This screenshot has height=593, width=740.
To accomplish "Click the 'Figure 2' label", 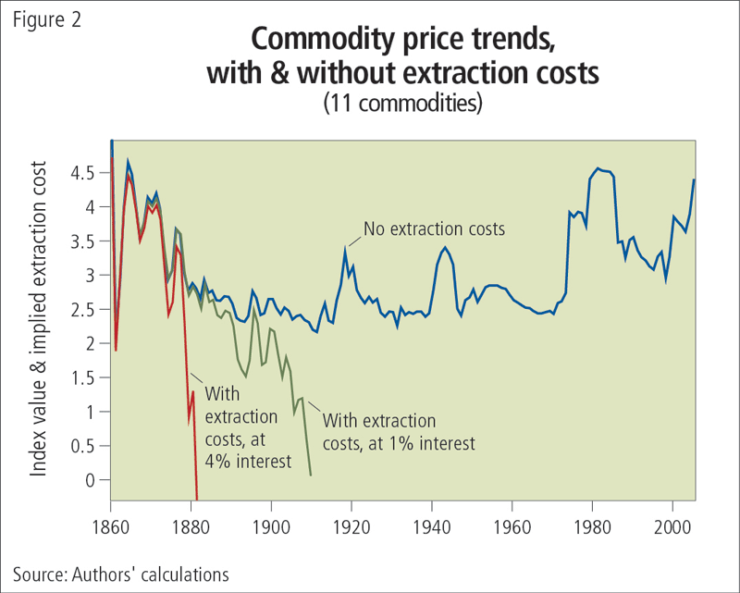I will (x=47, y=19).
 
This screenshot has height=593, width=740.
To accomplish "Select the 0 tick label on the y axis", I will (x=90, y=480).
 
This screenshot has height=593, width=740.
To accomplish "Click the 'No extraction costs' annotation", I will (x=434, y=228).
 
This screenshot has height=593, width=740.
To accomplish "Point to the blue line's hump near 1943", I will (x=445, y=247).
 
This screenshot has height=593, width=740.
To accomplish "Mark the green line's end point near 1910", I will (x=310, y=475).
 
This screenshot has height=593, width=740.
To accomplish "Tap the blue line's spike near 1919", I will (x=345, y=249).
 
